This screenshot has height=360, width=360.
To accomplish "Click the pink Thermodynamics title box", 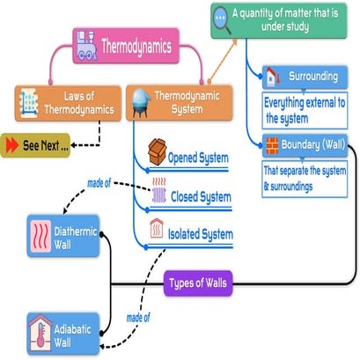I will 122,45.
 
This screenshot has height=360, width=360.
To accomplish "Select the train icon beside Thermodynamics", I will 87,45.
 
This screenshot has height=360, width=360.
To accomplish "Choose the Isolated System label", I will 201,234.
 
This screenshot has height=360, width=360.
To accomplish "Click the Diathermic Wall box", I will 64,236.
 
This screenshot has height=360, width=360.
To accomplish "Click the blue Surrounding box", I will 302,77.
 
